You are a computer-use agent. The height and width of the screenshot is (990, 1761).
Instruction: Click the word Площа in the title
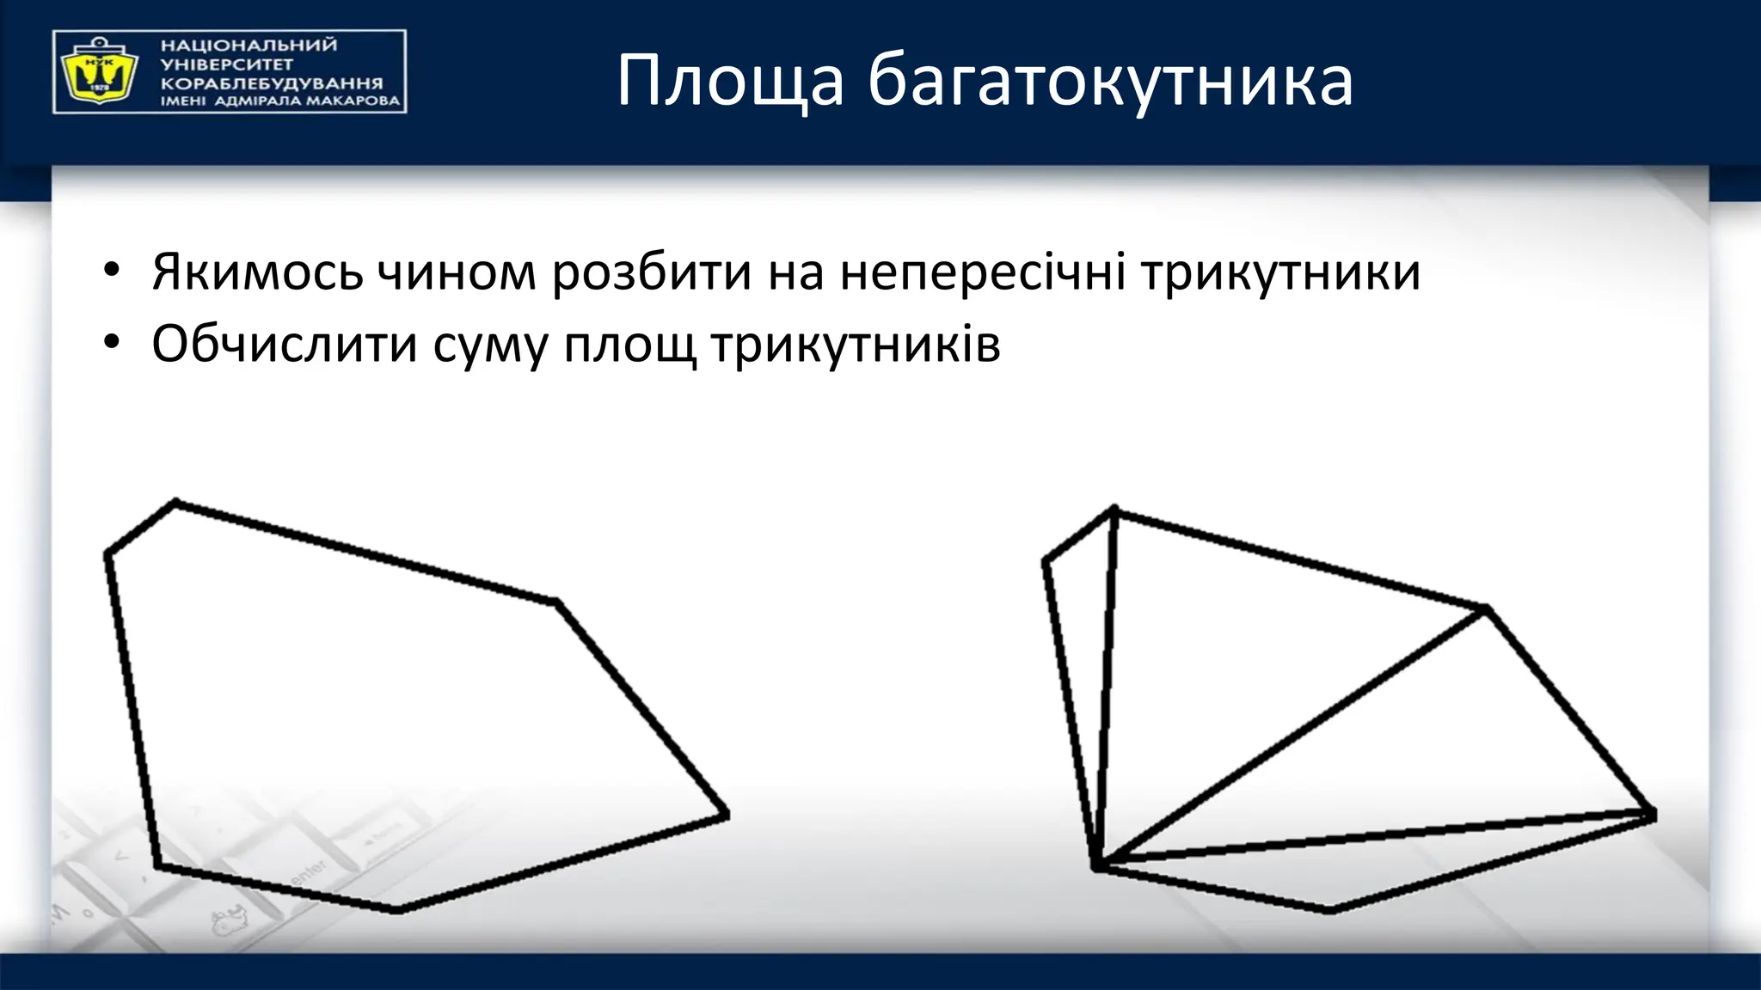(x=730, y=82)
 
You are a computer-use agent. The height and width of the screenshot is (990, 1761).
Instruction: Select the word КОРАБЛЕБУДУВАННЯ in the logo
(x=272, y=83)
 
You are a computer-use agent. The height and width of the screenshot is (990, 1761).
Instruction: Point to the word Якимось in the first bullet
(x=257, y=272)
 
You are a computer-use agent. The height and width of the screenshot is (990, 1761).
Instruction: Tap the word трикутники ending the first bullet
(x=1280, y=272)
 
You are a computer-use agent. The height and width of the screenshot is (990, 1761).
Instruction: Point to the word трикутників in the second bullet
(x=856, y=345)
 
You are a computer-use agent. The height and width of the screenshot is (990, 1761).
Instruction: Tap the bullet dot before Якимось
(x=109, y=271)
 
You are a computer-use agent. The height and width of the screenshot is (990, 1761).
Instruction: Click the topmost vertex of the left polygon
(x=175, y=502)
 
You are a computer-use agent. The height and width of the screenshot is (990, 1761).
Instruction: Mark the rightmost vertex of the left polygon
(x=726, y=815)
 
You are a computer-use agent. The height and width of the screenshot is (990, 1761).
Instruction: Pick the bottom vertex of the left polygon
(x=397, y=909)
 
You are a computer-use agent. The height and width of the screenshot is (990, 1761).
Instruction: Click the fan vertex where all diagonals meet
(x=1097, y=865)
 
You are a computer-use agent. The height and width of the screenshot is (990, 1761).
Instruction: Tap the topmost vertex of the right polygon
(x=1114, y=510)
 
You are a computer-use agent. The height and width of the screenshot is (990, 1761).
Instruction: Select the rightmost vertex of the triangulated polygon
(x=1652, y=814)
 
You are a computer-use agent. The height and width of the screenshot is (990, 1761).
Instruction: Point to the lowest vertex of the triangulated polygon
(x=1329, y=909)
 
